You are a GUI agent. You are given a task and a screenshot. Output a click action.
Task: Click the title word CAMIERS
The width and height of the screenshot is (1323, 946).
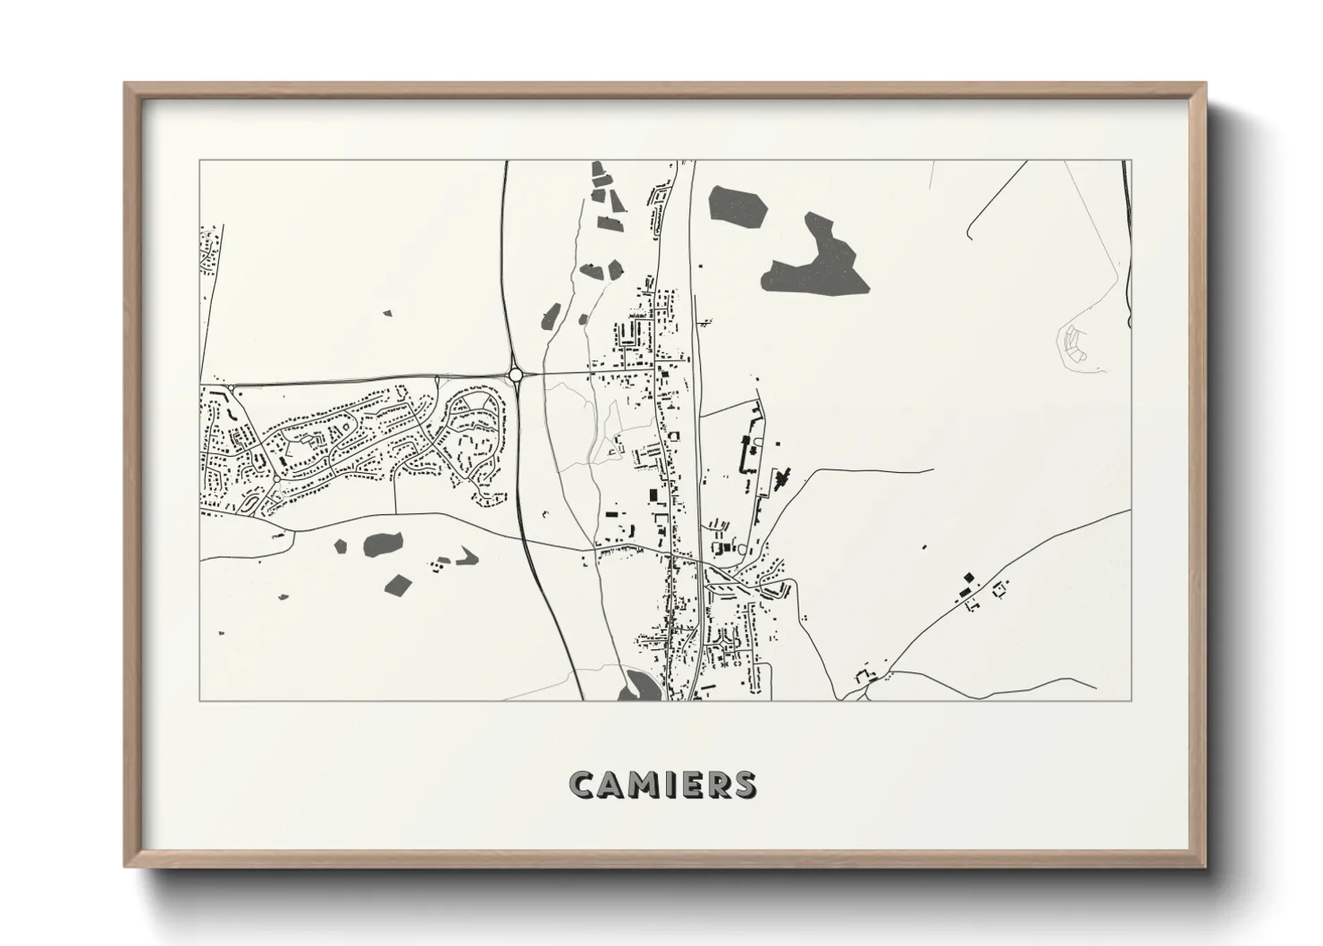point(661,783)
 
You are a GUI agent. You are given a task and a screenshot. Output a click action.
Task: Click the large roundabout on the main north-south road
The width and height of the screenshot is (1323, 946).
point(515,376)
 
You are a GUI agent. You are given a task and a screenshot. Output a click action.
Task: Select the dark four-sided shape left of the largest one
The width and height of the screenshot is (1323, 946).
point(738,206)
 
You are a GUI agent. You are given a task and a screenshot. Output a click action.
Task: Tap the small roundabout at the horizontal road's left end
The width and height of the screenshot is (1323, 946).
point(232,387)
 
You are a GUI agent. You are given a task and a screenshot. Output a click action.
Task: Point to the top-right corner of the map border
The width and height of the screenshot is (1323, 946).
point(1131,161)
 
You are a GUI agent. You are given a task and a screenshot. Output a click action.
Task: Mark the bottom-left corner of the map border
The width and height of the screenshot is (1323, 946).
point(199,700)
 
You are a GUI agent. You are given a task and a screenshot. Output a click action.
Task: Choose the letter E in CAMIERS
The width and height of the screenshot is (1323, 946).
point(689,784)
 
